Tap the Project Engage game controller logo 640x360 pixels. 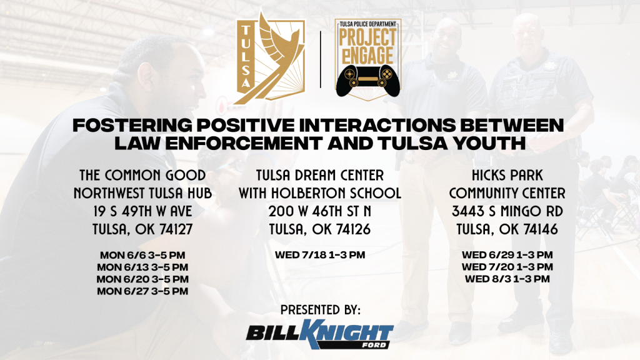(367, 59)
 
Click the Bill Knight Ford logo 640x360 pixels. (319, 334)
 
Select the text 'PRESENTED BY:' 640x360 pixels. (321, 310)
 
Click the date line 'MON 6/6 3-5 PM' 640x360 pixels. (142, 255)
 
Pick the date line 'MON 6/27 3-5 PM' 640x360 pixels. (142, 291)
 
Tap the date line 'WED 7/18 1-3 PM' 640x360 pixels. (320, 255)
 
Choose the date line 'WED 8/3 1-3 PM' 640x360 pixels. (507, 279)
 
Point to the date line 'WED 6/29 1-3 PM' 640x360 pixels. (507, 255)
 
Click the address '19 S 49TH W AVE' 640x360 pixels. (142, 211)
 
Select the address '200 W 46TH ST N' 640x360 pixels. (320, 211)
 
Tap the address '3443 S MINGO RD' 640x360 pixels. (507, 211)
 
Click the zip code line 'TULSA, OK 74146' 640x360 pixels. (507, 229)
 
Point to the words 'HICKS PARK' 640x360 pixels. (507, 176)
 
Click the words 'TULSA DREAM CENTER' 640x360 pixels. (320, 176)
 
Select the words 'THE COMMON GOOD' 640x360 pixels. (142, 176)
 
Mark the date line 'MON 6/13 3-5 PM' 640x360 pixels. (142, 267)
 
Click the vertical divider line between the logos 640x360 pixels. (321, 59)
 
